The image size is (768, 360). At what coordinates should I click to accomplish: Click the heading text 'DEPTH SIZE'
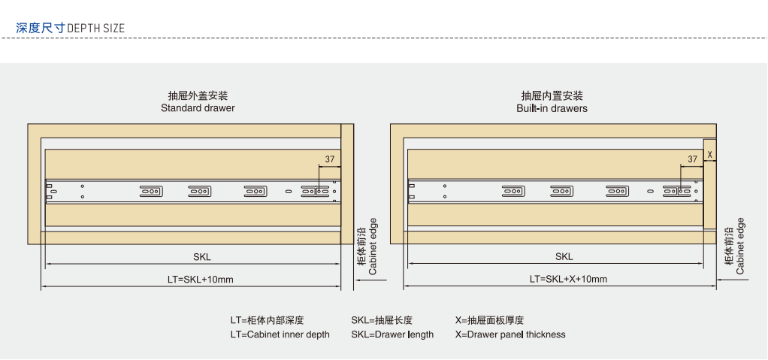click(x=96, y=29)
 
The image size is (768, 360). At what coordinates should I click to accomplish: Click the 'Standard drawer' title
click(x=198, y=108)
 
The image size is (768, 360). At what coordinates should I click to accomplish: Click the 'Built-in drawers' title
click(x=552, y=108)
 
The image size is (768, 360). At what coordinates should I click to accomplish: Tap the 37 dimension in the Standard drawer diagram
click(x=330, y=159)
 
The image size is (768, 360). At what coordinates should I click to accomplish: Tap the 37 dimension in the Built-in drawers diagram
click(x=692, y=159)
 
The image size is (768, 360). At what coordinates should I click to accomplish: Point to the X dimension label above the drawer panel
click(x=709, y=155)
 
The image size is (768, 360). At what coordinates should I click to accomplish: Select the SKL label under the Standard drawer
click(x=202, y=257)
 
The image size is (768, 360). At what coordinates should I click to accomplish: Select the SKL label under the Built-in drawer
click(x=564, y=257)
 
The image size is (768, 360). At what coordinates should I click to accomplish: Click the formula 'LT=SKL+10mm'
click(x=201, y=280)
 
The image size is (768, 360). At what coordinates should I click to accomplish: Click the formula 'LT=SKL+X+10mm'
click(x=568, y=280)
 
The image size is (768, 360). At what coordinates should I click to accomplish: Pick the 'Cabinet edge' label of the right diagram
click(x=740, y=247)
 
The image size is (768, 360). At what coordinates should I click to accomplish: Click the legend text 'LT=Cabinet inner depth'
click(x=280, y=334)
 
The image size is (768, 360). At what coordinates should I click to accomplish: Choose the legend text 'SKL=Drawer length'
click(x=392, y=334)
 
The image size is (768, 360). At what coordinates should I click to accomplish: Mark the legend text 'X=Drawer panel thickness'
click(x=510, y=334)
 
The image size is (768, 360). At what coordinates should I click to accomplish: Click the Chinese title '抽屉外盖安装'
click(x=198, y=96)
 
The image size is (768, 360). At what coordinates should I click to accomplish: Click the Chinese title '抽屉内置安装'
click(x=552, y=96)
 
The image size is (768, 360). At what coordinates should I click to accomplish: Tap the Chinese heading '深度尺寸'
click(x=40, y=29)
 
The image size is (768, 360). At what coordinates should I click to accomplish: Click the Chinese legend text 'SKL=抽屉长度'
click(x=381, y=320)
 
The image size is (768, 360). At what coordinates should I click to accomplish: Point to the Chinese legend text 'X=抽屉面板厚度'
click(x=489, y=320)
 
